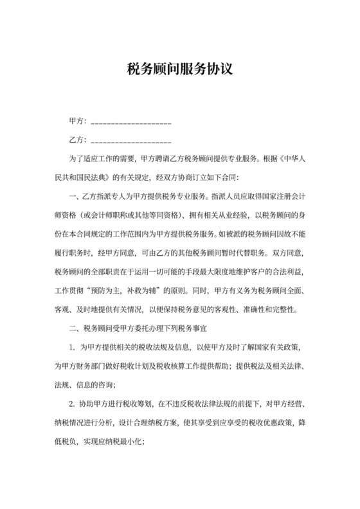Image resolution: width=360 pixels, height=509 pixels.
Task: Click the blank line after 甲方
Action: [132, 121]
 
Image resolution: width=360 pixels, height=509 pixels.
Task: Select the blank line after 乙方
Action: [132, 139]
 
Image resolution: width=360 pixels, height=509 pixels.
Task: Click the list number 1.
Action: [73, 347]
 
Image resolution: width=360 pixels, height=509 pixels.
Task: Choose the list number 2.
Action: [73, 406]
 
